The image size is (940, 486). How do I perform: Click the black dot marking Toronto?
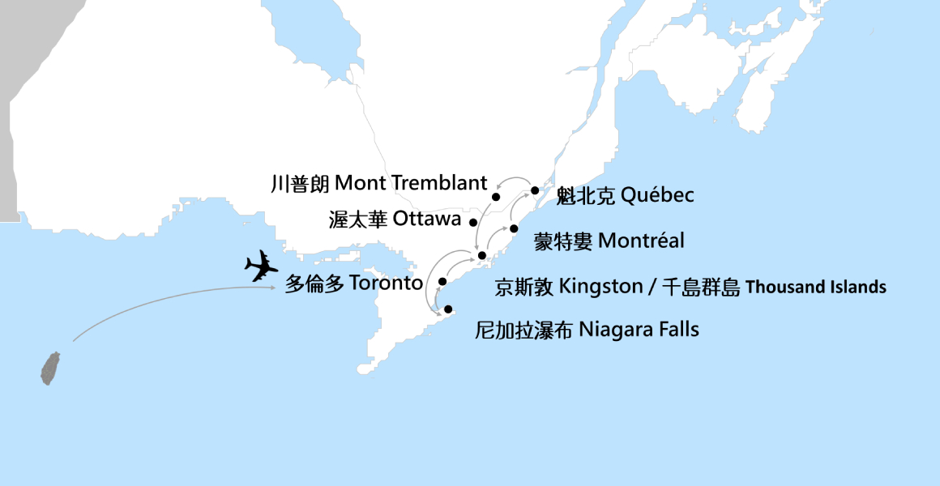click(442, 282)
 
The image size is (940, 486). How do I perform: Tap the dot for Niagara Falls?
click(448, 309)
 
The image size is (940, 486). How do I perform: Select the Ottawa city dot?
click(473, 221)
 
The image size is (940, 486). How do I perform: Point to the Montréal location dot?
click(514, 228)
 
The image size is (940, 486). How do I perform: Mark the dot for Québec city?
click(535, 191)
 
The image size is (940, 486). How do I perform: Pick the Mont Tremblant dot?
click(496, 197)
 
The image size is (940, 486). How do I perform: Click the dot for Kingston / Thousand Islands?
click(482, 256)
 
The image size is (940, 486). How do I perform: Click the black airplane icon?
click(261, 266)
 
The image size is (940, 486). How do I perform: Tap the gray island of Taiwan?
click(52, 368)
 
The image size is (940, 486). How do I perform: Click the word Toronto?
click(386, 284)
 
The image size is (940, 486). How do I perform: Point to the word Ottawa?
click(427, 219)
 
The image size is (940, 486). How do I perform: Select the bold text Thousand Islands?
click(815, 288)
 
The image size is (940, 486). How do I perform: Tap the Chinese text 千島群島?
click(702, 288)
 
